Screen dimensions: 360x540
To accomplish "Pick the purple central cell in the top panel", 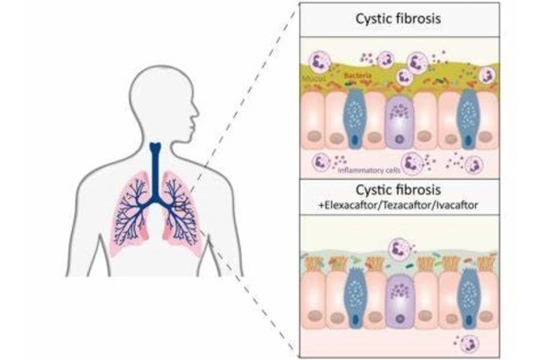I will tap(397, 121).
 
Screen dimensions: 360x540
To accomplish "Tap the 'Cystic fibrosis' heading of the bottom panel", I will tap(397, 191).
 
